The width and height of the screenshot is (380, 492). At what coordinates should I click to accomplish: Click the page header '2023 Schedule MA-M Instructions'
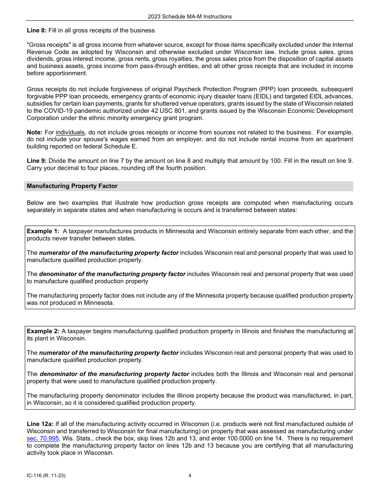tap(190, 16)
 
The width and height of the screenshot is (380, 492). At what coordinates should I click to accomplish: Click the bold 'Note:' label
tap(34, 132)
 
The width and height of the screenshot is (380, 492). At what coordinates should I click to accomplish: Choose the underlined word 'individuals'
tap(70, 132)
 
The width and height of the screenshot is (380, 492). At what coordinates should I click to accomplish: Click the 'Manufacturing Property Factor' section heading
tap(72, 186)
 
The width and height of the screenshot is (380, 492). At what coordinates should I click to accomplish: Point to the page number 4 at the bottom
tap(190, 476)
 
